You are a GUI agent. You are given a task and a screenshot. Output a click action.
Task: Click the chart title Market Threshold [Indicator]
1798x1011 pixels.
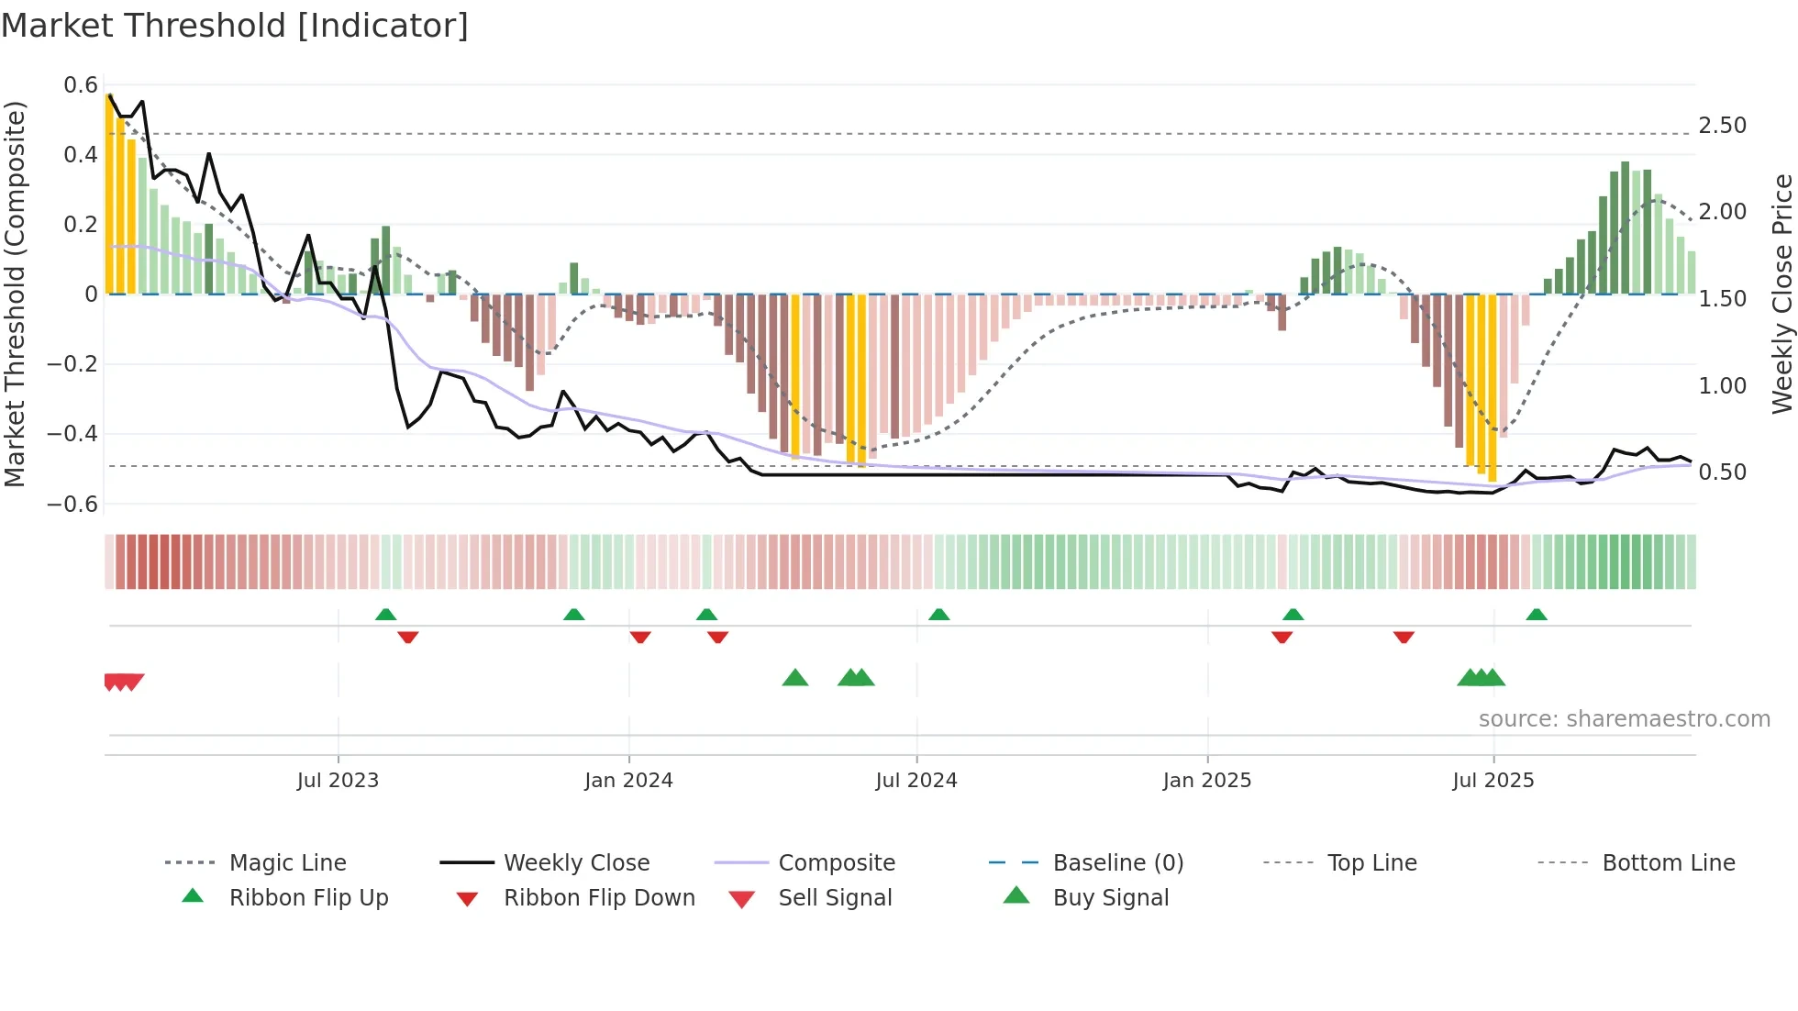pyautogui.click(x=235, y=26)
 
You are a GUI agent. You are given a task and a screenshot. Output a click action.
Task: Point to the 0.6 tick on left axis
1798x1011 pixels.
pyautogui.click(x=81, y=85)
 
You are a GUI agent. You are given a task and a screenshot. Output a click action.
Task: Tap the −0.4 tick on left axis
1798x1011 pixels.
pyautogui.click(x=73, y=433)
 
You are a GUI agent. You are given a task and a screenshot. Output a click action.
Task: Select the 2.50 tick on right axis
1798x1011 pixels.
pyautogui.click(x=1722, y=126)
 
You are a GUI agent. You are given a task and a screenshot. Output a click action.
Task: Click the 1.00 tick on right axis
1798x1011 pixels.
pyautogui.click(x=1722, y=386)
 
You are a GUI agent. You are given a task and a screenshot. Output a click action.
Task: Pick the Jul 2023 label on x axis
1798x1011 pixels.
pyautogui.click(x=338, y=781)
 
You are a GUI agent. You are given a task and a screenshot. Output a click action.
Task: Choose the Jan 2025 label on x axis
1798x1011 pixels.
pyautogui.click(x=1206, y=781)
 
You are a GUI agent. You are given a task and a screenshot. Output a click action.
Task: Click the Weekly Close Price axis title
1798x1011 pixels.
pyautogui.click(x=1781, y=294)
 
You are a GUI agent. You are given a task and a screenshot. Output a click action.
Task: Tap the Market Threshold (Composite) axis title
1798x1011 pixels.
pyautogui.click(x=15, y=294)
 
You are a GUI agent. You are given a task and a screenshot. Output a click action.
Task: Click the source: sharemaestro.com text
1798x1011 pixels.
pyautogui.click(x=1624, y=719)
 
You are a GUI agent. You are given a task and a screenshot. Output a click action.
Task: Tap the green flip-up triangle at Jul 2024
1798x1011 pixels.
pyautogui.click(x=938, y=615)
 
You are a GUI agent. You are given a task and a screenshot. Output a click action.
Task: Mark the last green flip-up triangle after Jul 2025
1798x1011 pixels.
pyautogui.click(x=1537, y=615)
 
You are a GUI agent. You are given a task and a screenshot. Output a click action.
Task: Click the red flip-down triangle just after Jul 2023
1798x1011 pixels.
pyautogui.click(x=408, y=637)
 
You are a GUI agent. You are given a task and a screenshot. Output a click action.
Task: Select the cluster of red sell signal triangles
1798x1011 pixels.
pyautogui.click(x=124, y=682)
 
